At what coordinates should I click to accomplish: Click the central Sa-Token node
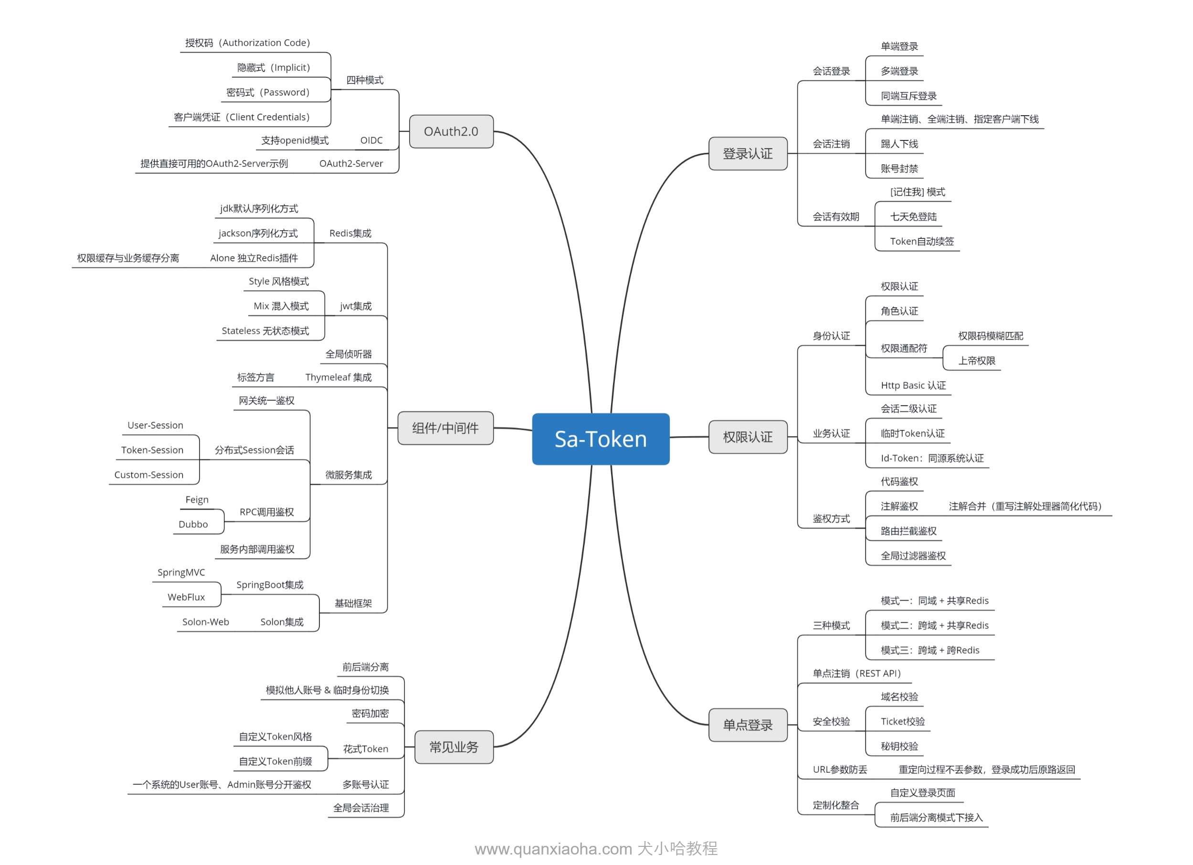600,439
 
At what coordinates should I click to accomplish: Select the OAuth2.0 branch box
451,131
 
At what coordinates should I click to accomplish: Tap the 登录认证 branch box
748,154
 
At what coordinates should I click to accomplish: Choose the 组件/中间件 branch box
445,428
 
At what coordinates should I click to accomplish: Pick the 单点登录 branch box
748,725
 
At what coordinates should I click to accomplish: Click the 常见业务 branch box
454,747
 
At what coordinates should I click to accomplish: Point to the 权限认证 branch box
748,437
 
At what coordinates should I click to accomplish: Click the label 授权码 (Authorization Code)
247,43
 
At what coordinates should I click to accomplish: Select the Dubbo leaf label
193,524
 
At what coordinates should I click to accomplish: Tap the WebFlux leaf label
186,597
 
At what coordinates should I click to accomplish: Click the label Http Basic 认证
913,385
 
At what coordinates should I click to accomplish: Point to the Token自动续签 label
921,242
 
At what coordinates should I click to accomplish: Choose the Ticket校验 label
903,721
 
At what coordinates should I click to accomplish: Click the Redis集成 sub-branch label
350,233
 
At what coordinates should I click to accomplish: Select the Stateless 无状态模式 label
265,331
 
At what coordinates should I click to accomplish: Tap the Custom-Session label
149,475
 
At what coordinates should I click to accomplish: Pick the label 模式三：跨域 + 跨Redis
930,651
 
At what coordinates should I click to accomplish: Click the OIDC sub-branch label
371,140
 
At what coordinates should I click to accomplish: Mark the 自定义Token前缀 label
275,761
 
